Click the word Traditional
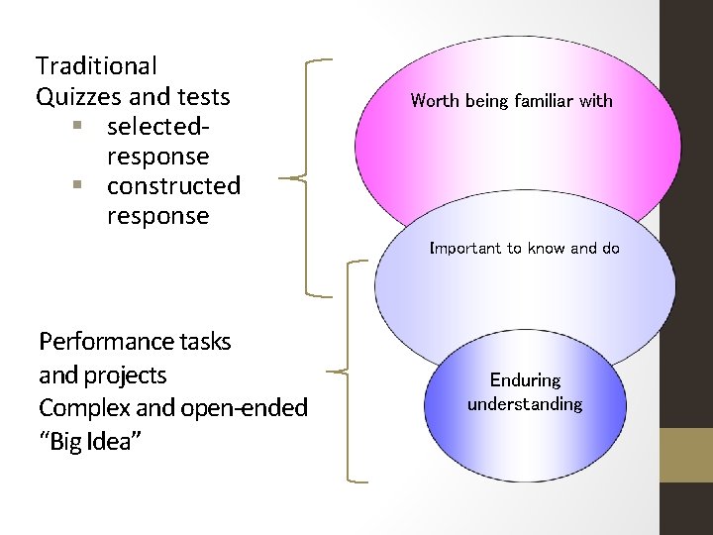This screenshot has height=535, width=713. pyautogui.click(x=96, y=66)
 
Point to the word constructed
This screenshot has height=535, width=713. pyautogui.click(x=173, y=186)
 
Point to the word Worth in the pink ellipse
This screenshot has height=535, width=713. pyautogui.click(x=434, y=100)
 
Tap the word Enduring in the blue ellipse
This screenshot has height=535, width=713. pyautogui.click(x=525, y=379)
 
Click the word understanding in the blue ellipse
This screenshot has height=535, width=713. pyautogui.click(x=525, y=404)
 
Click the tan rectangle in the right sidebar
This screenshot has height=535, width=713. pyautogui.click(x=686, y=455)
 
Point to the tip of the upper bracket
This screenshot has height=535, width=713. pyautogui.click(x=280, y=178)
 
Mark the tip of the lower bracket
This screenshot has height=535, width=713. pyautogui.click(x=327, y=372)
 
